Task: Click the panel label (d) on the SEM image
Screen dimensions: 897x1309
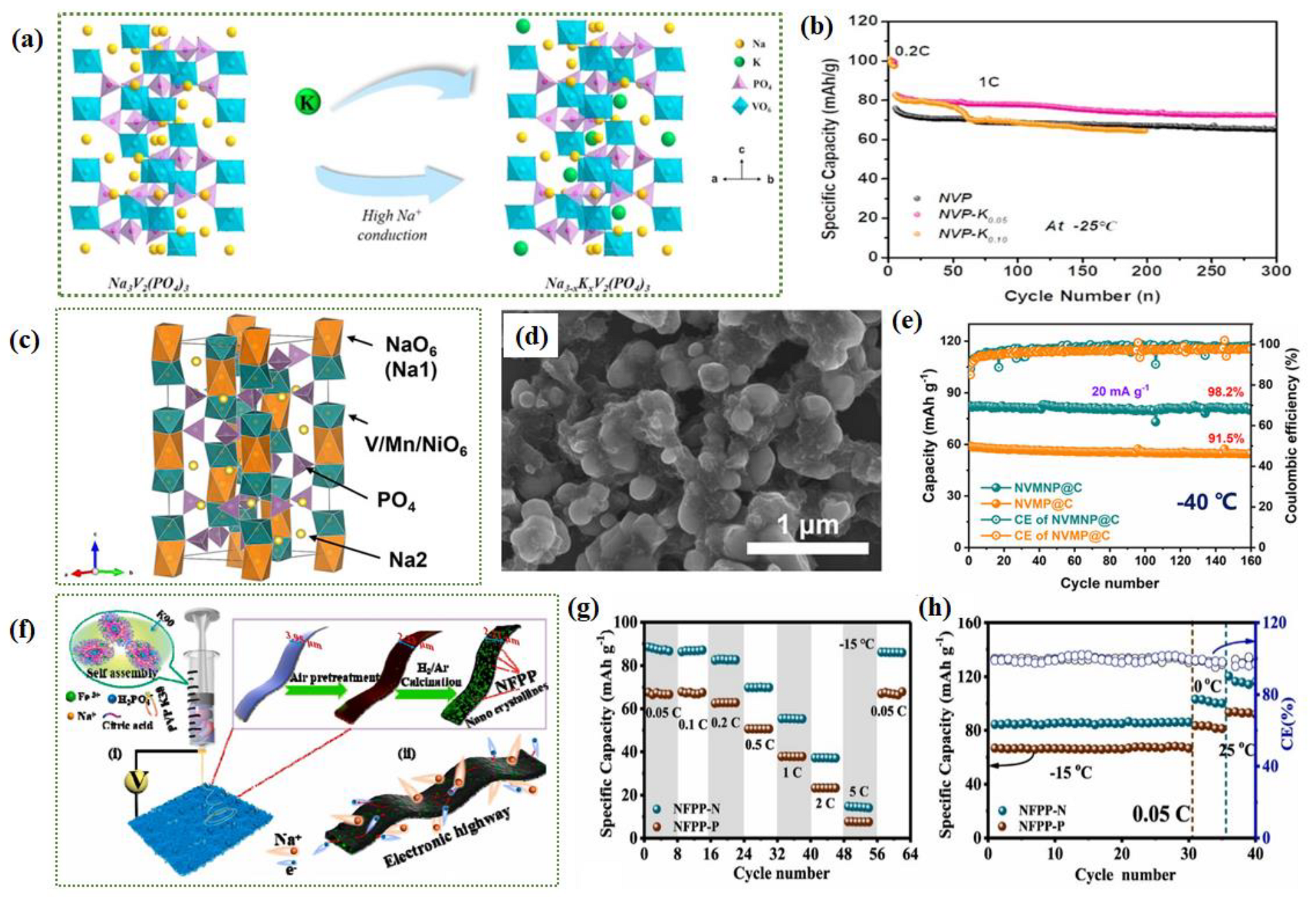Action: coord(530,336)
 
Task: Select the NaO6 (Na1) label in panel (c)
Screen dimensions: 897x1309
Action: coord(410,356)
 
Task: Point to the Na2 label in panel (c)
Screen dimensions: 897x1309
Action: coord(408,560)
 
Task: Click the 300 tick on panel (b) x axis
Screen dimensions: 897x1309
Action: coord(1276,271)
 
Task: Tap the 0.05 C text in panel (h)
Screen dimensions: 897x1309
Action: coord(1159,814)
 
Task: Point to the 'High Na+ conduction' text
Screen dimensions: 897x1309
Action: coord(392,226)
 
